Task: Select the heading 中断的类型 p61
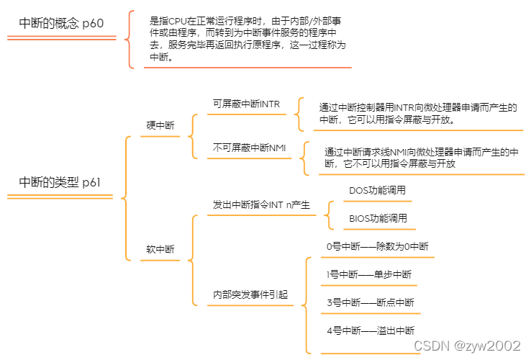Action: pos(60,181)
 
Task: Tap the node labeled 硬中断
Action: pos(160,125)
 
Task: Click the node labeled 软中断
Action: pos(160,249)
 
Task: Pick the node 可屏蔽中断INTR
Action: pos(246,104)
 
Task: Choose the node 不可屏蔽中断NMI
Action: pos(249,148)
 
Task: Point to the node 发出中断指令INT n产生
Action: pos(261,205)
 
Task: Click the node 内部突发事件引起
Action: pos(250,294)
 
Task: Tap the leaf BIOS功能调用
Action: pos(378,218)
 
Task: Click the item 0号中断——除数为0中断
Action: pos(376,246)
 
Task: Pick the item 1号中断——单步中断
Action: pos(368,274)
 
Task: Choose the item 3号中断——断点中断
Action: pos(370,302)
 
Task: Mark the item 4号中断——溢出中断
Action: pos(370,330)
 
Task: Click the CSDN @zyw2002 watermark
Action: pos(467,346)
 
